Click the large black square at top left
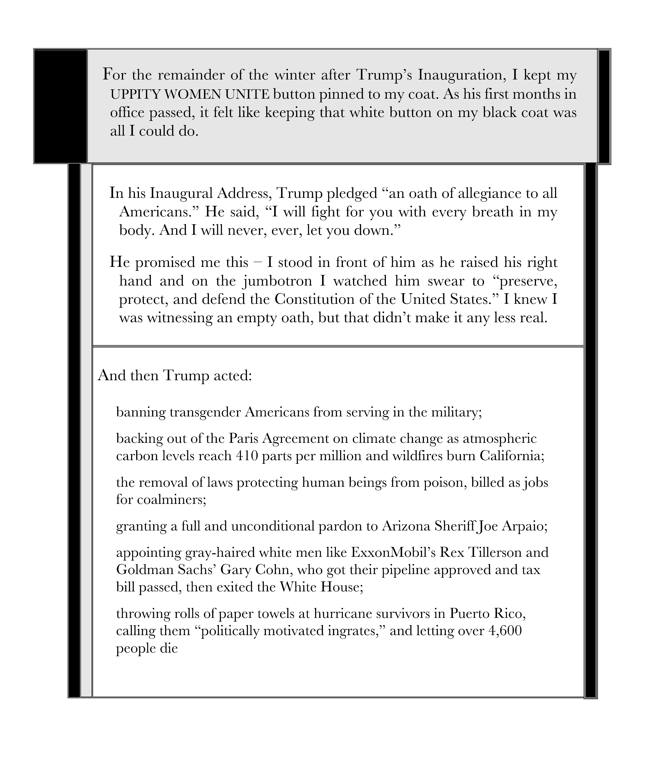(60, 106)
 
